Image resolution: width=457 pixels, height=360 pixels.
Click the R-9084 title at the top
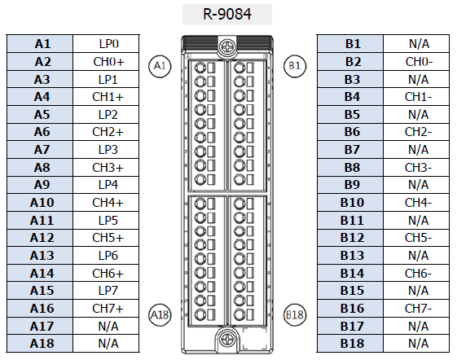coord(227,14)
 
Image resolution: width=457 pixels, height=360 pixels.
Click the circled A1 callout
coord(160,66)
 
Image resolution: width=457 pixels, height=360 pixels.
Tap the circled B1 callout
coord(295,66)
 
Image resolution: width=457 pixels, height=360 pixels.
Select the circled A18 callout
coord(160,315)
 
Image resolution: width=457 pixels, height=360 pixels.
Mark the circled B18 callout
coord(295,315)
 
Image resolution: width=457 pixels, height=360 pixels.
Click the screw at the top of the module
coord(226,46)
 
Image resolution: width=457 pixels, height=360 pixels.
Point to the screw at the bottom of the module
coord(226,339)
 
